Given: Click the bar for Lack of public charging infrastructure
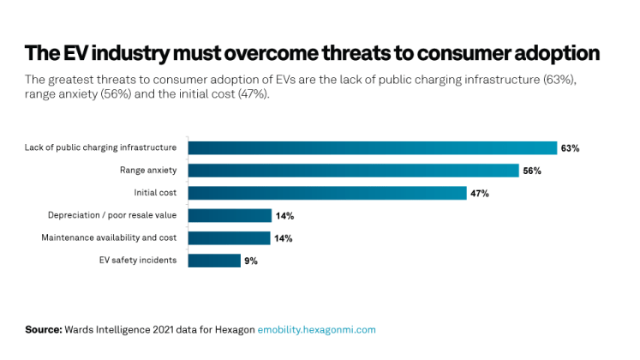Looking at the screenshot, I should point(372,148).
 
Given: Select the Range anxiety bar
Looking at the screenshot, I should point(353,171).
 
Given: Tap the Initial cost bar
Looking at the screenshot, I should point(326,193).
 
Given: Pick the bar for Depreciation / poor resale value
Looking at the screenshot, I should point(230,216).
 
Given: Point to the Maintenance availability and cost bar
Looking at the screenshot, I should point(230,238).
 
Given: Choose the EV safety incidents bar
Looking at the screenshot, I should point(214,261).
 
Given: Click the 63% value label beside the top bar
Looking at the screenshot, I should point(570,148).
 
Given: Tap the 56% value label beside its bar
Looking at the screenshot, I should point(531,171).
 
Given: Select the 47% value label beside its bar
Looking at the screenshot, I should point(479,194).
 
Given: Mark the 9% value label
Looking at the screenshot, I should point(251,261).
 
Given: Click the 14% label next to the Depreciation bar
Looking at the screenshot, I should point(283,216).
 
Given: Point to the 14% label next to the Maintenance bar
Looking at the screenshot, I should point(283,238).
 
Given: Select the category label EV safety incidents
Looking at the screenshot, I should point(138,261).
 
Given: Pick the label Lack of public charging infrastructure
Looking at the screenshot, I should point(101,148).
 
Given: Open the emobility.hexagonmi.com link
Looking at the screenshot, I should point(316,329).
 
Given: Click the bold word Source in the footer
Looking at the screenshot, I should point(44,329).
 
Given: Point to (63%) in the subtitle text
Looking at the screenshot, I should point(564,79).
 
